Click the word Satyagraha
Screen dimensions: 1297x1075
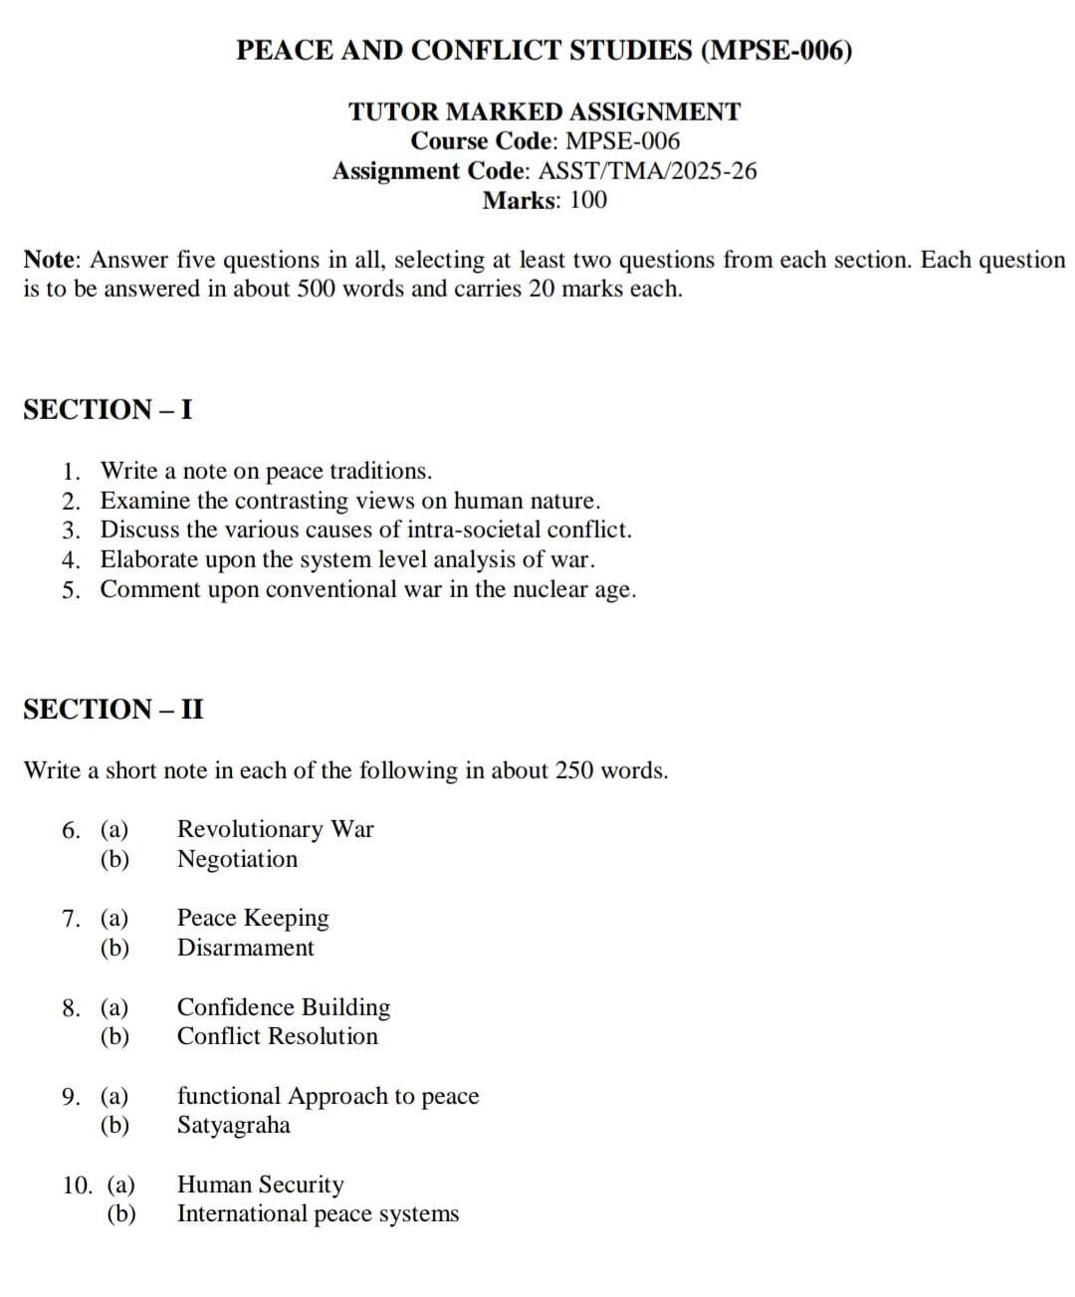(234, 1126)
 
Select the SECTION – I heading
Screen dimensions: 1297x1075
(107, 410)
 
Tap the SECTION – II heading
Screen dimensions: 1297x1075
(112, 710)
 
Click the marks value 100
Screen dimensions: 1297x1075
(587, 201)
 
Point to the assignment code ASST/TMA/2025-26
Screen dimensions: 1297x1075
(647, 171)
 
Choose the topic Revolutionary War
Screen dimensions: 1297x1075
(275, 829)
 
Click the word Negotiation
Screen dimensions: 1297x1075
(237, 859)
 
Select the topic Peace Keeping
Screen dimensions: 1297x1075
(253, 918)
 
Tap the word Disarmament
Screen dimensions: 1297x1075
(245, 948)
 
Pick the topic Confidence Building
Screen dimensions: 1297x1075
(284, 1007)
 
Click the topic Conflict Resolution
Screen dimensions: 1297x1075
(278, 1036)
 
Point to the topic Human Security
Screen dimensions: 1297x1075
(260, 1185)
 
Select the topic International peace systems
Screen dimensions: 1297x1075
(318, 1214)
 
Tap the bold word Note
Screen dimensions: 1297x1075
(50, 261)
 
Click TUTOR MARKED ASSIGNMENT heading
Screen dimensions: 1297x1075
(544, 111)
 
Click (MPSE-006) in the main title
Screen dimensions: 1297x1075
(776, 51)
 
